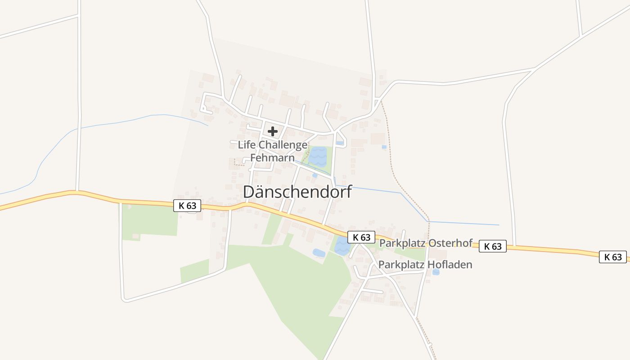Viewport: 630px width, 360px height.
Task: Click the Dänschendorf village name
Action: [x=297, y=192]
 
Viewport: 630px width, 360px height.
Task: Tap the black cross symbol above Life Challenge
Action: [x=273, y=131]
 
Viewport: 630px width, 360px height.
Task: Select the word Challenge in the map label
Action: [x=283, y=145]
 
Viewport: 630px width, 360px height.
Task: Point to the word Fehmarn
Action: [x=272, y=158]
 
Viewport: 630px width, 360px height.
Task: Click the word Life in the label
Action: [x=246, y=145]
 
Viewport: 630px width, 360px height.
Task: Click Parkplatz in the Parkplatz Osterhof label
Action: [x=401, y=243]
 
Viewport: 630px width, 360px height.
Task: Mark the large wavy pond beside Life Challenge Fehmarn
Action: [x=319, y=157]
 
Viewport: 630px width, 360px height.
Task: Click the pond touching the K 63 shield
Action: [x=342, y=247]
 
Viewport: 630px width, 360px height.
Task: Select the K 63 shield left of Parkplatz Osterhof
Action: [x=361, y=237]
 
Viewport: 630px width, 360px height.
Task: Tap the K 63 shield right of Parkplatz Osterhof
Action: [x=493, y=246]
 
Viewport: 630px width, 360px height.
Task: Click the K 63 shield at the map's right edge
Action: [x=613, y=257]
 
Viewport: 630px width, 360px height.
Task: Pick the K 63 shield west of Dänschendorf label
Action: [x=187, y=206]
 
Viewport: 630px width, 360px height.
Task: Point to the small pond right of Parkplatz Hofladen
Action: [x=436, y=272]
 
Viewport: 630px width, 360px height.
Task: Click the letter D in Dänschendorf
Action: [x=248, y=192]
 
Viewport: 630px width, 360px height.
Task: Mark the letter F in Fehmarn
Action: [x=253, y=158]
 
